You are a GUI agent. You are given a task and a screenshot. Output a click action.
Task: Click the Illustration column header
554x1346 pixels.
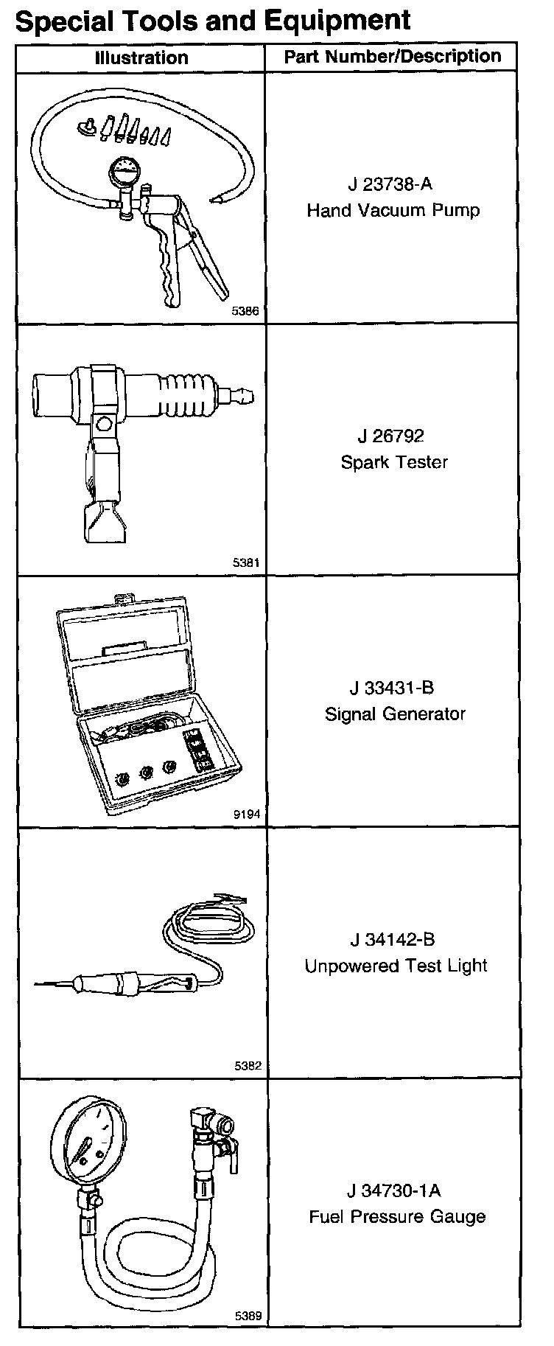pyautogui.click(x=141, y=57)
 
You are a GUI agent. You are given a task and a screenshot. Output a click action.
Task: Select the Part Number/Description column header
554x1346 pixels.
pyautogui.click(x=393, y=57)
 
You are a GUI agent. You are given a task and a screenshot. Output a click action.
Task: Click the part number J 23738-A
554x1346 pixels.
pyautogui.click(x=391, y=184)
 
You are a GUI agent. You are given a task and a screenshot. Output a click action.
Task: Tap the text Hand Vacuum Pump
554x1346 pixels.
pyautogui.click(x=393, y=211)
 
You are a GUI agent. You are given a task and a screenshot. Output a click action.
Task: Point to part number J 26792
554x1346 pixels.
pyautogui.click(x=391, y=436)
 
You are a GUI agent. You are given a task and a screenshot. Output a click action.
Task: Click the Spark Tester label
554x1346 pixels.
pyautogui.click(x=393, y=462)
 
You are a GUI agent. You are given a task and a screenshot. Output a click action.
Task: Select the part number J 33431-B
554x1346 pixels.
pyautogui.click(x=391, y=688)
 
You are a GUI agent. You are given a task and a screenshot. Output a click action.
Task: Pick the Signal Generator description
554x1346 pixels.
pyautogui.click(x=395, y=714)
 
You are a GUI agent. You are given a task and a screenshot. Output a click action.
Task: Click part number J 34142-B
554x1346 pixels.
pyautogui.click(x=392, y=939)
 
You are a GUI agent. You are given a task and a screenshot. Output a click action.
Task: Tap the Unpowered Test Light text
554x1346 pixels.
pyautogui.click(x=396, y=966)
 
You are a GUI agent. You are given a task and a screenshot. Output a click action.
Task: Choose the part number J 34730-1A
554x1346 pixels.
pyautogui.click(x=394, y=1190)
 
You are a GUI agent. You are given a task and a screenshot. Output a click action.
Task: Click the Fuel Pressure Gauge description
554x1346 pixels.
pyautogui.click(x=396, y=1216)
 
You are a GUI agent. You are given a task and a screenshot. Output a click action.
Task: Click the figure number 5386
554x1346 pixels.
pyautogui.click(x=245, y=312)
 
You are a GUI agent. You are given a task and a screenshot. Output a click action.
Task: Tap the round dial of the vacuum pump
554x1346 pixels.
pyautogui.click(x=121, y=174)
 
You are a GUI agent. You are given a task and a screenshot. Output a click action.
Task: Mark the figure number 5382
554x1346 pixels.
pyautogui.click(x=247, y=1066)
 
